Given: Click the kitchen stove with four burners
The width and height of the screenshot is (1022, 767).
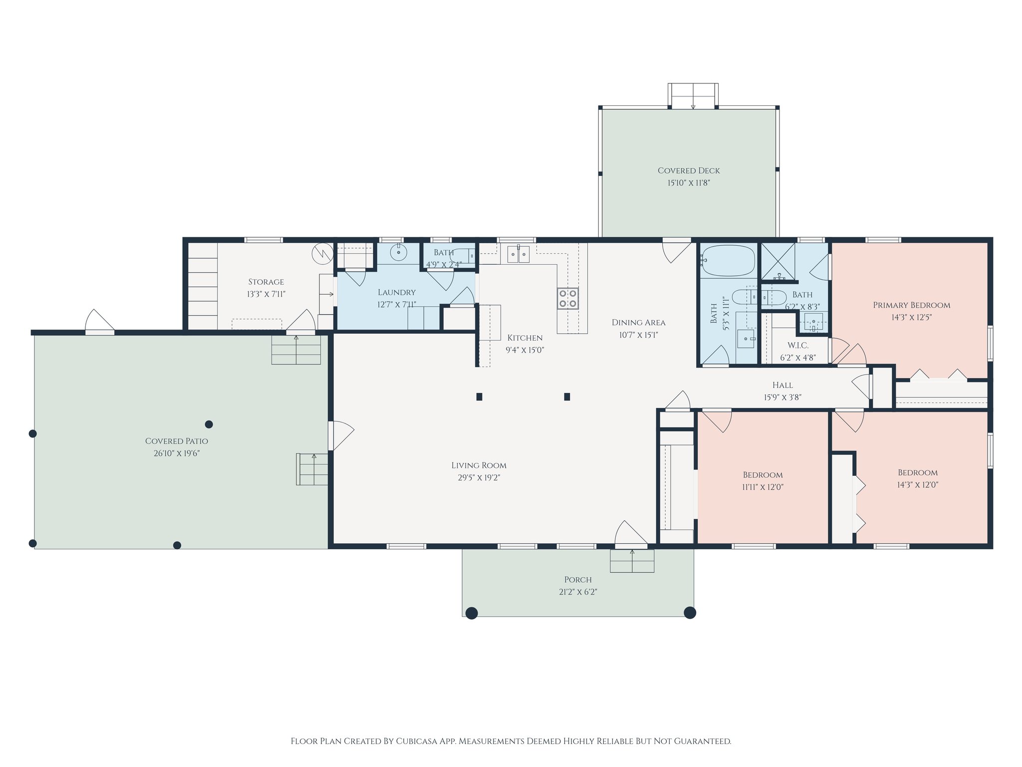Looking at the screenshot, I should tap(568, 299).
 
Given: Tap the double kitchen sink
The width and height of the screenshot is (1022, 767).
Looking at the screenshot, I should tap(518, 254).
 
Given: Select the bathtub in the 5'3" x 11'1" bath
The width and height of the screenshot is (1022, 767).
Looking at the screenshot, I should tap(728, 261).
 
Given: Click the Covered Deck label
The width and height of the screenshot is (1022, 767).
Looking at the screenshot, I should tap(689, 171).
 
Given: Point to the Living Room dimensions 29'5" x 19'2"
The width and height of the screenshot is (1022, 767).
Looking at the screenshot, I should tap(479, 478).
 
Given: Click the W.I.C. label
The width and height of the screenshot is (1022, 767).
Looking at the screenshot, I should tap(797, 346).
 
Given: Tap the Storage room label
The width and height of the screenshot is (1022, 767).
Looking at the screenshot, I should tap(266, 282).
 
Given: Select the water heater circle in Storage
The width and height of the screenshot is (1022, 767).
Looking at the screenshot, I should tap(322, 254).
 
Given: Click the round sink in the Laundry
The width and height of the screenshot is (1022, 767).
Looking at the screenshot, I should tap(398, 253).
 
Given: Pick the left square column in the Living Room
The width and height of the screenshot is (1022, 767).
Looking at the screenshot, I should tap(479, 397).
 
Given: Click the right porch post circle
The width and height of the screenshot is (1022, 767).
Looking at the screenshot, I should tap(690, 613).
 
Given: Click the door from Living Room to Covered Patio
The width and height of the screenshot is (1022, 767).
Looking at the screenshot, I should tap(341, 435).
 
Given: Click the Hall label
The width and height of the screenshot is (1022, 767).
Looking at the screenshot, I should tap(782, 385).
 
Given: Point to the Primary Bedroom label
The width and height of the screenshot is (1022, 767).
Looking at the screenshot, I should tap(911, 305).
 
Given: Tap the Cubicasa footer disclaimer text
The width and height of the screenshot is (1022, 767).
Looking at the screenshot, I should tap(511, 741).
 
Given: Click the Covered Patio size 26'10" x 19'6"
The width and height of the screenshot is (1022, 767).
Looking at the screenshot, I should tap(177, 453).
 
